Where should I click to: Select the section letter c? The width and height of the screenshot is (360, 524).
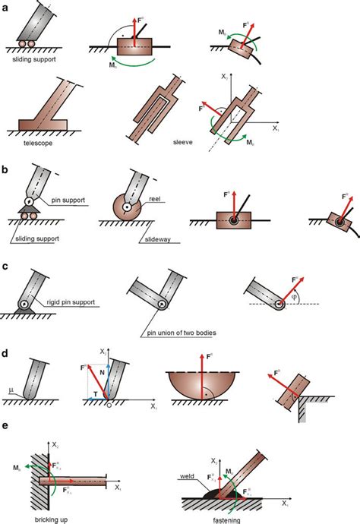(x=6, y=267)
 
